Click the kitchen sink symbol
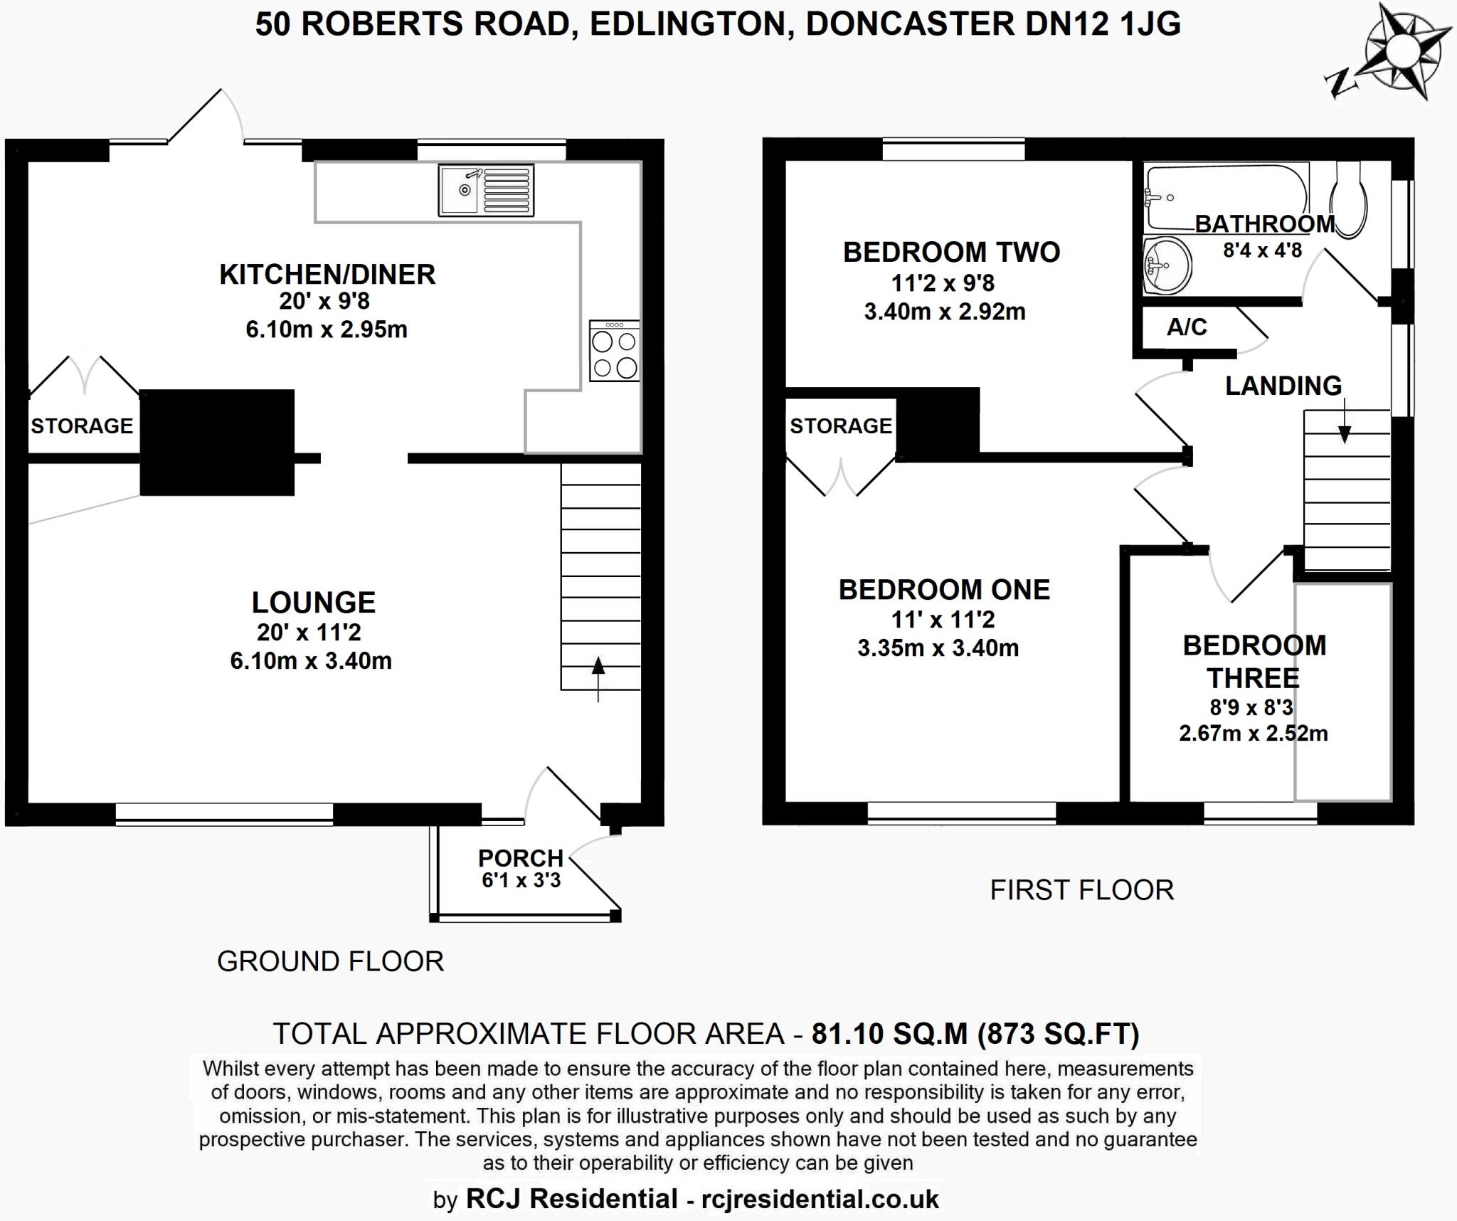(486, 190)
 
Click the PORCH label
(520, 857)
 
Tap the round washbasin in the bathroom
(1167, 265)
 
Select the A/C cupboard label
(1187, 327)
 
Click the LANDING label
(1283, 386)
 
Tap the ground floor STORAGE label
(82, 425)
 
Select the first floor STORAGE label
(840, 425)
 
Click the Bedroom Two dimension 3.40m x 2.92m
(944, 312)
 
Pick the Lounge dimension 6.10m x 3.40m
(311, 660)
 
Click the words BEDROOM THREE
(1254, 661)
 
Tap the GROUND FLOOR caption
(330, 961)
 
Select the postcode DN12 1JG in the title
(1102, 24)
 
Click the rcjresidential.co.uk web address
(820, 1199)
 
